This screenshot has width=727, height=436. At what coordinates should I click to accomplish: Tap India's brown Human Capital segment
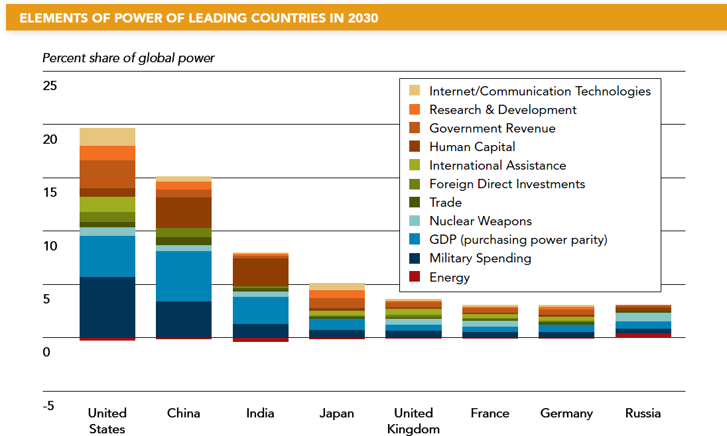[x=260, y=272]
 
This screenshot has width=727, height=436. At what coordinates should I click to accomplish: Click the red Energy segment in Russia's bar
[x=643, y=335]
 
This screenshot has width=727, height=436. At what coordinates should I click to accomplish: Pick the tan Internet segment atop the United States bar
[x=107, y=136]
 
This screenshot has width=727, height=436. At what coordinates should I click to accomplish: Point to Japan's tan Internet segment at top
[x=337, y=286]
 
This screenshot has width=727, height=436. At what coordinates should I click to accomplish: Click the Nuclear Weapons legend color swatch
[x=415, y=221]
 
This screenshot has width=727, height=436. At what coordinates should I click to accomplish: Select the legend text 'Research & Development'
[x=503, y=110]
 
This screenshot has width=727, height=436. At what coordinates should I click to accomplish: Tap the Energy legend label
[x=449, y=277]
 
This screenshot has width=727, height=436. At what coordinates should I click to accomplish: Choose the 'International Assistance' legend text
[x=497, y=166]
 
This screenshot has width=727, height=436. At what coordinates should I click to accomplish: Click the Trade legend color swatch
[x=415, y=203]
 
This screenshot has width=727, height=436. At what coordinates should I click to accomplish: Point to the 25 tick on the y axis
[x=50, y=86]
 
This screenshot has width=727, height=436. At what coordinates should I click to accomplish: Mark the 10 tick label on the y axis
[x=50, y=246]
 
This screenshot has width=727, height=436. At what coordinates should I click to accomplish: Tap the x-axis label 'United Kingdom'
[x=413, y=421]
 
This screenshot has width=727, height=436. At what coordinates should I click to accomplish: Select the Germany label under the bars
[x=566, y=413]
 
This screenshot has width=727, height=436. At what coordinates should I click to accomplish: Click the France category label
[x=490, y=413]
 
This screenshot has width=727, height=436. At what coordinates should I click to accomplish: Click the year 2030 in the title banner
[x=362, y=18]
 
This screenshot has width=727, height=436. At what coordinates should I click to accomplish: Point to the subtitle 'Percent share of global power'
[x=129, y=58]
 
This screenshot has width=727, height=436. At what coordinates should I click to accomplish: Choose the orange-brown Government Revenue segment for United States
[x=107, y=174]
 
